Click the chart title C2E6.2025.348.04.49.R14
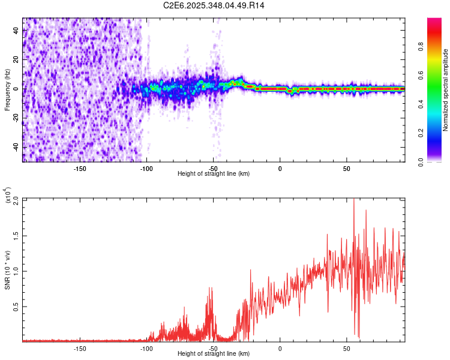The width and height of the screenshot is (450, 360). coord(214,5)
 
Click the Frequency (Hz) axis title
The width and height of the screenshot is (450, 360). coord(7,90)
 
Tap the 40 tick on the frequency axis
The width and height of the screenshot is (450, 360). coord(16,31)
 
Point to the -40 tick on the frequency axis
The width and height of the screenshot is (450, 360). coord(14,147)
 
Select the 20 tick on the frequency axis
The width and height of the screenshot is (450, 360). coord(16,60)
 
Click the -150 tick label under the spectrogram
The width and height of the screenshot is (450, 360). coord(80,168)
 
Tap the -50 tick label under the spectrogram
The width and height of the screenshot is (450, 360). coord(213,168)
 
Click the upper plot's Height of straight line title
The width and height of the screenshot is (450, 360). coord(214,174)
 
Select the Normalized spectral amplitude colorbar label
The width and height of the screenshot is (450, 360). coord(445,90)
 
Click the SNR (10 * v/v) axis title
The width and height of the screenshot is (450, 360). coord(7,270)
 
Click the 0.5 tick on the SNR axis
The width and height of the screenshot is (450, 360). coord(16,307)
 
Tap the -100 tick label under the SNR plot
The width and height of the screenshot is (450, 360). coord(146,349)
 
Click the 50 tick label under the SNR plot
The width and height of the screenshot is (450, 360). coord(346,349)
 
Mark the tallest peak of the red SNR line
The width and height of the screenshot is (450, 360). coord(353,199)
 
